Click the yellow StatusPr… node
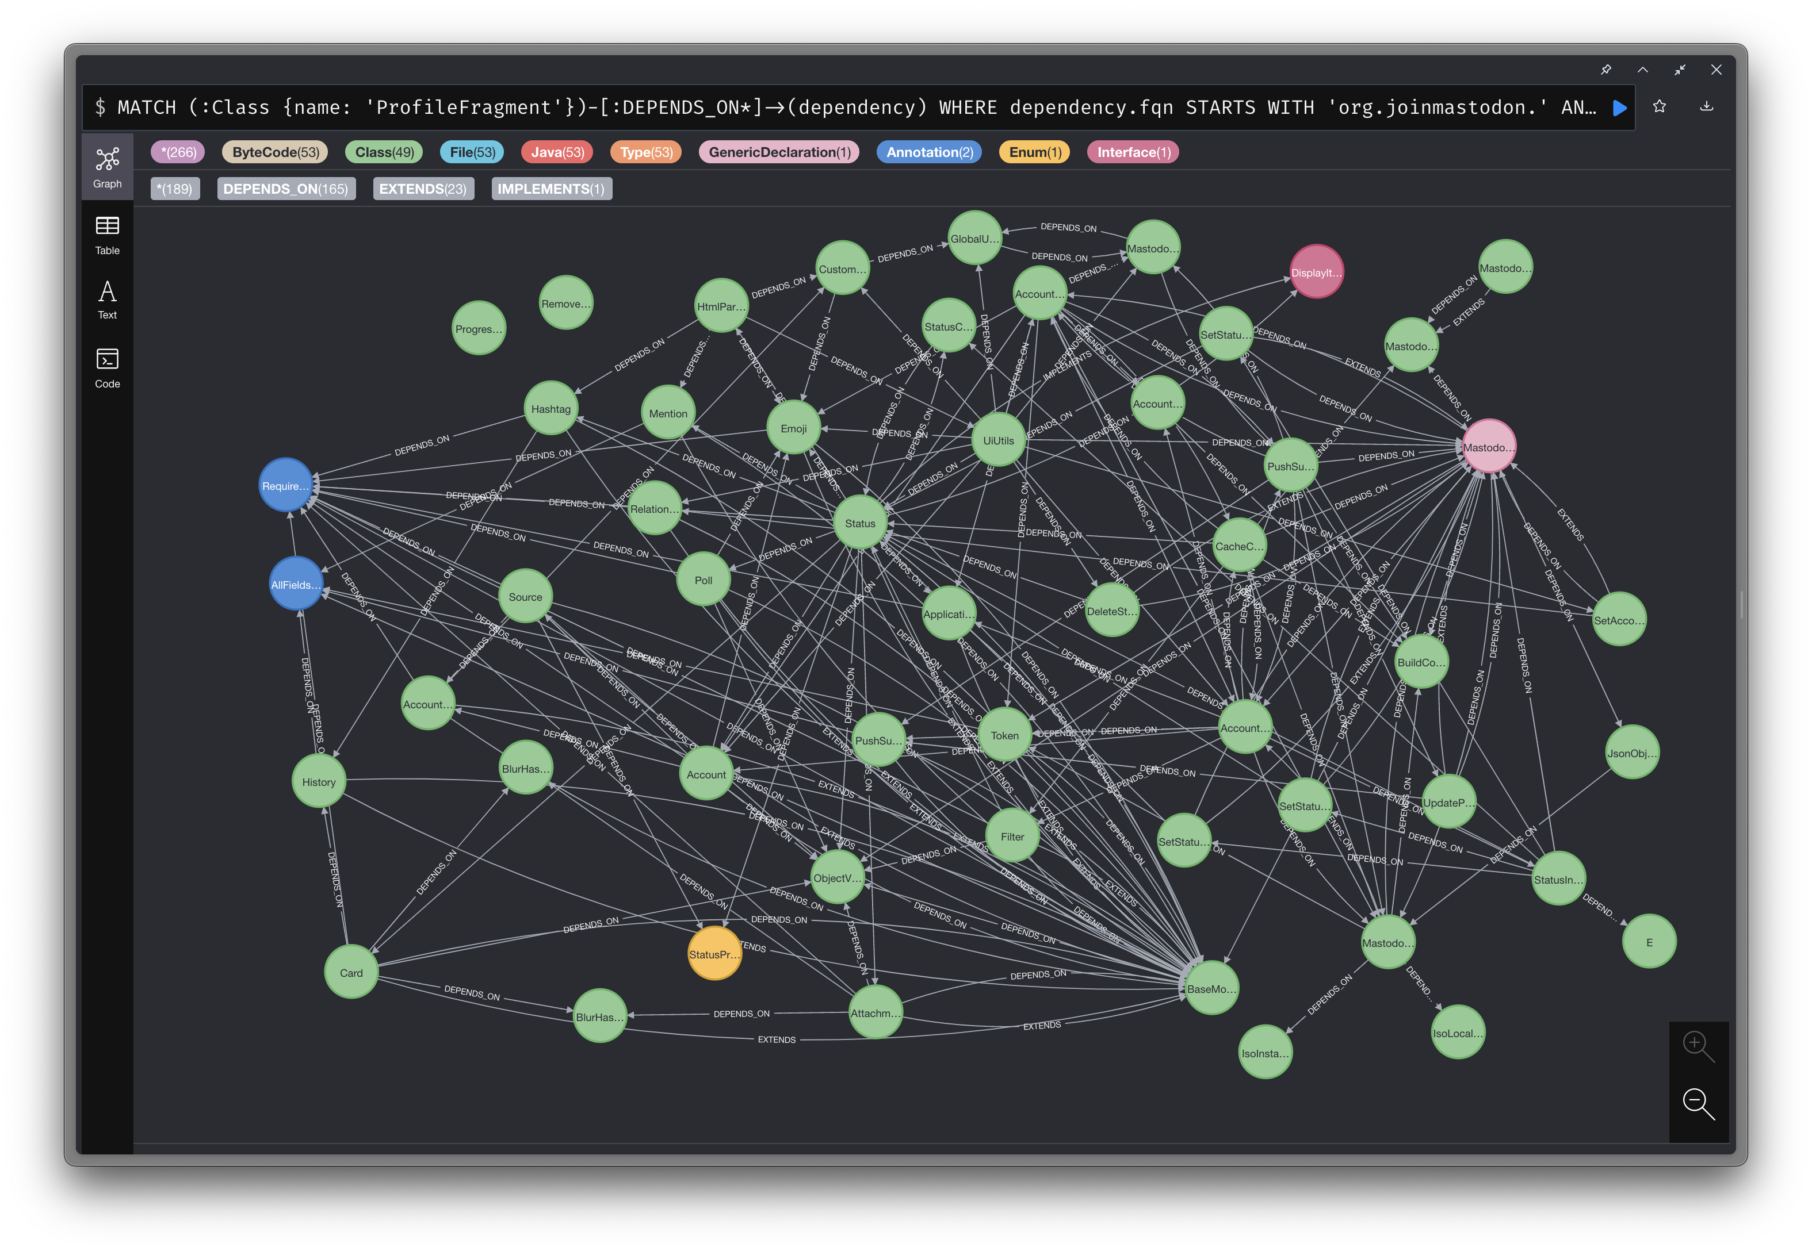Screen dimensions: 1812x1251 pyautogui.click(x=713, y=953)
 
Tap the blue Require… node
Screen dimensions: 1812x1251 pyautogui.click(x=285, y=485)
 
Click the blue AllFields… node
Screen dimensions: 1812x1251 pyautogui.click(x=296, y=584)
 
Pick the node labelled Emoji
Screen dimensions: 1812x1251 pyautogui.click(x=793, y=428)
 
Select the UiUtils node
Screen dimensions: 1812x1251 pyautogui.click(x=997, y=440)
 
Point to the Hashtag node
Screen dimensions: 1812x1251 pyautogui.click(x=551, y=408)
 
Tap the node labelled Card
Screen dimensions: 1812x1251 pyautogui.click(x=350, y=972)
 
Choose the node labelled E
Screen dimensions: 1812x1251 pyautogui.click(x=1648, y=941)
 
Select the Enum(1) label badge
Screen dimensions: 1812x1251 pyautogui.click(x=1034, y=152)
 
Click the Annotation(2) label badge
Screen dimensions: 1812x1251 pyautogui.click(x=928, y=152)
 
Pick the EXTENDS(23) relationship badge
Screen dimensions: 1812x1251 pyautogui.click(x=423, y=189)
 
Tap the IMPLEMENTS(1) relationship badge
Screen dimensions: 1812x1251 pyautogui.click(x=551, y=189)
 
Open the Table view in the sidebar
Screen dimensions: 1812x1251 pyautogui.click(x=108, y=235)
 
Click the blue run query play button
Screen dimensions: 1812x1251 pyautogui.click(x=1619, y=108)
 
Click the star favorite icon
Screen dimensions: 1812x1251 pyautogui.click(x=1659, y=106)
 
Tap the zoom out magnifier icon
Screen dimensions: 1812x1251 pyautogui.click(x=1698, y=1103)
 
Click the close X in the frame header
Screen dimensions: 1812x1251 pyautogui.click(x=1715, y=70)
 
